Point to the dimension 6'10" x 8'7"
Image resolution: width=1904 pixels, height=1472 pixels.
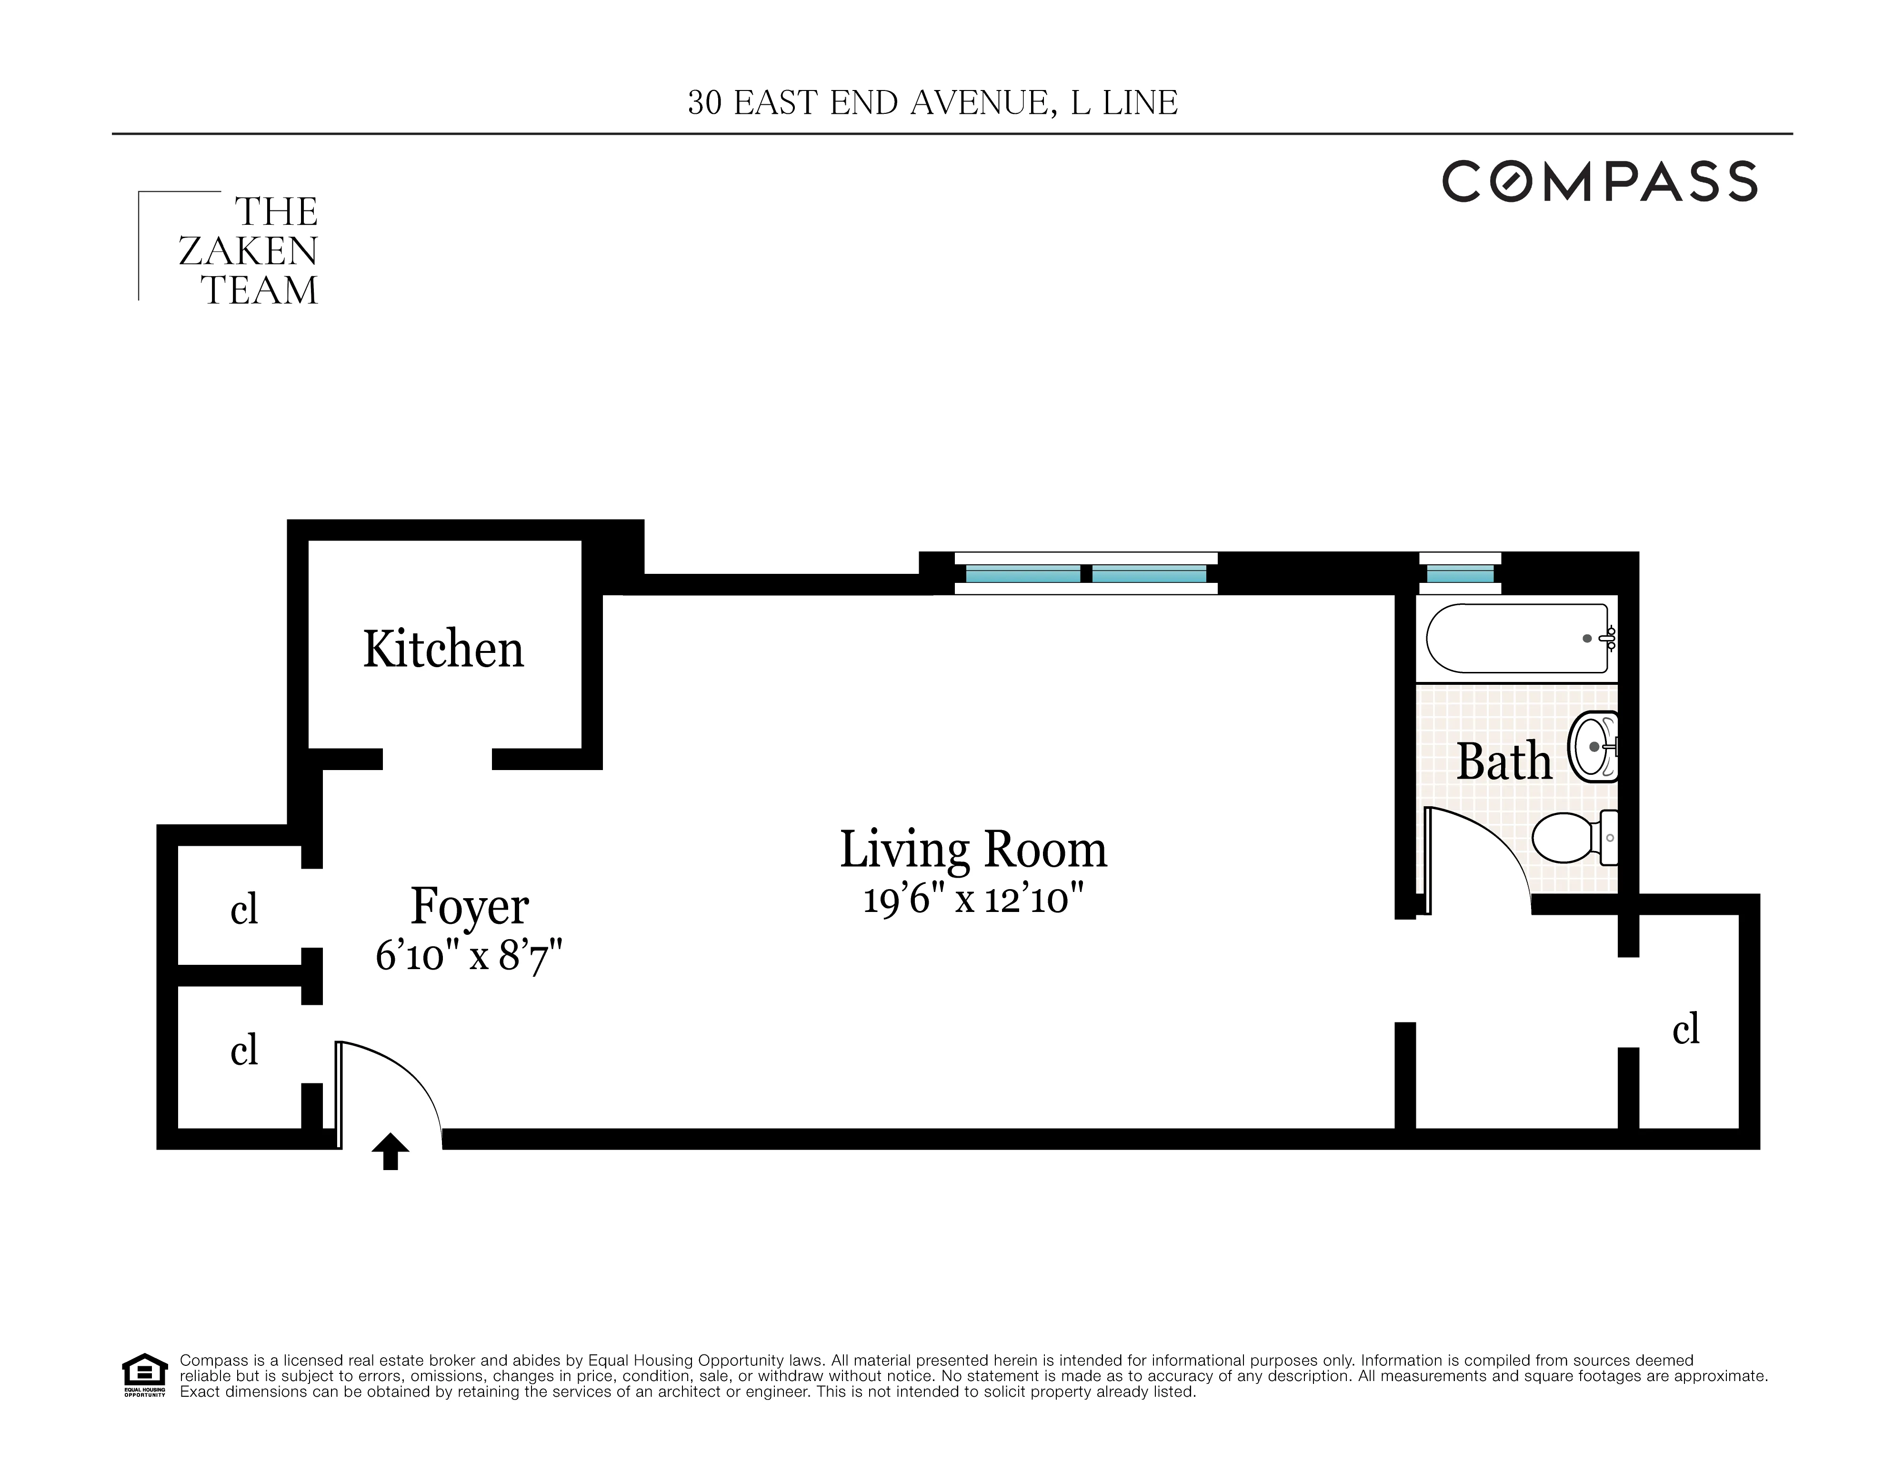469,956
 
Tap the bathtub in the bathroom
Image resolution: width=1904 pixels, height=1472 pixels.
1517,638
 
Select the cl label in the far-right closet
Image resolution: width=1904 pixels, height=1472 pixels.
1685,1029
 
